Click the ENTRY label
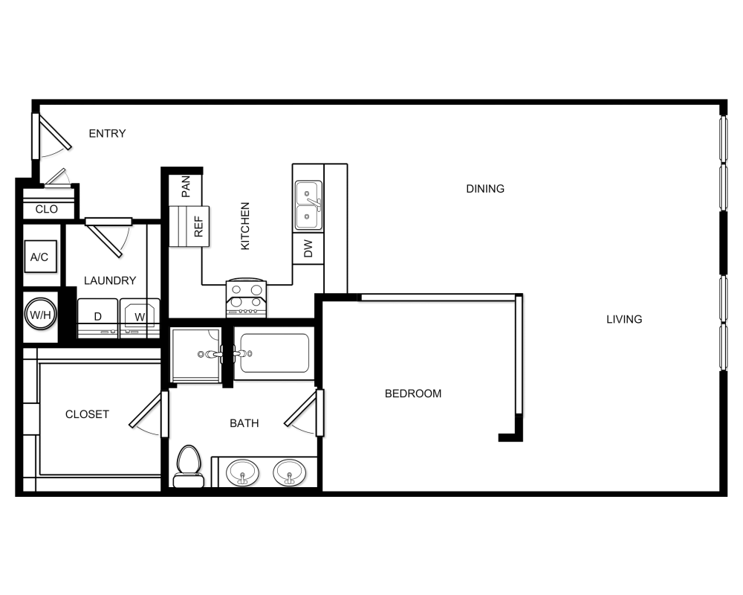pos(107,134)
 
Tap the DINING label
pos(485,189)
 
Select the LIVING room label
pos(624,319)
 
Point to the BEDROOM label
pos(412,393)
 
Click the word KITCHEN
pos(245,226)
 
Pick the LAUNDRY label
pos(110,280)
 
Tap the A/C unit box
pos(40,257)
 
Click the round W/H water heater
pos(40,314)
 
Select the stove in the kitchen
pos(247,297)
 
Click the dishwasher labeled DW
pos(308,248)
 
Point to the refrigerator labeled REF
pos(198,226)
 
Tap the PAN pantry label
pos(186,187)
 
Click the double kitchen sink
pos(308,205)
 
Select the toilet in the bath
pos(189,466)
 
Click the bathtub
pos(274,353)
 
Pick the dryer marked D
pos(97,318)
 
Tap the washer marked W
pos(140,318)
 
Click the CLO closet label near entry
pos(46,209)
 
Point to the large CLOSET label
pos(87,414)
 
